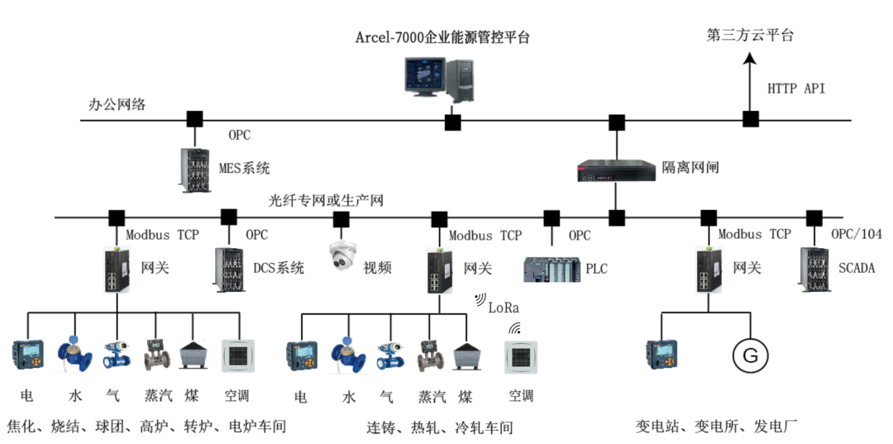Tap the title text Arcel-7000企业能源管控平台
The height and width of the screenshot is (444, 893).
point(442,37)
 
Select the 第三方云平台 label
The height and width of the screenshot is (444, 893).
point(750,35)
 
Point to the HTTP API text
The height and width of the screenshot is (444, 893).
point(795,88)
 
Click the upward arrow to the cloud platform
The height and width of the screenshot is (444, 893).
point(750,79)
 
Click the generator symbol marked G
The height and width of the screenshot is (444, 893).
point(749,356)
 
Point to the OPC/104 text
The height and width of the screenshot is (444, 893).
point(856,235)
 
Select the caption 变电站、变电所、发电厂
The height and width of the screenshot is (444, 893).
point(715,427)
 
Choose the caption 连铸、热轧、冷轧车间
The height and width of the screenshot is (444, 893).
point(440,427)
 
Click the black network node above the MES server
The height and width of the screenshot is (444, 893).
point(194,119)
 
